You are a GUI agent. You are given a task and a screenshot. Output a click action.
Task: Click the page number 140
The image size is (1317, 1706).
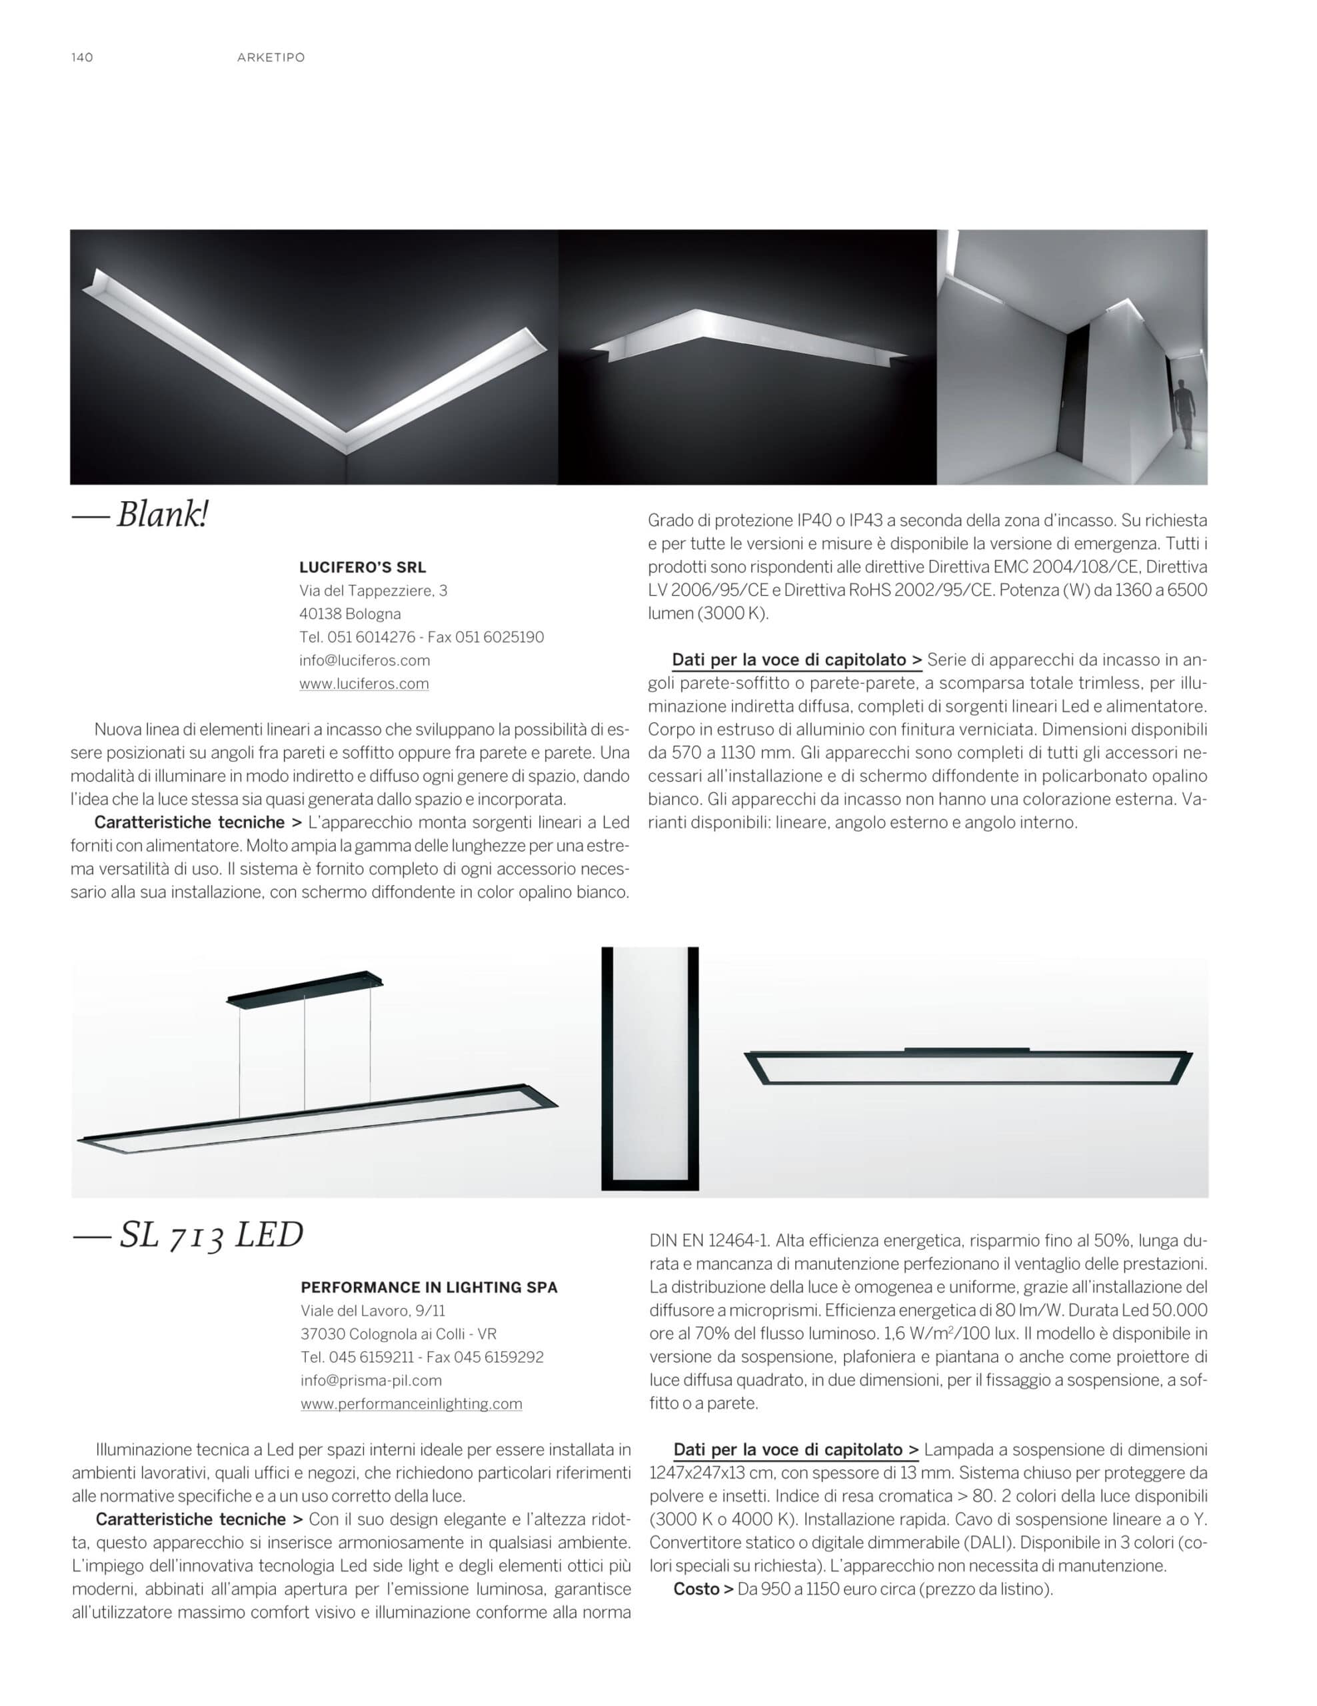click(x=82, y=57)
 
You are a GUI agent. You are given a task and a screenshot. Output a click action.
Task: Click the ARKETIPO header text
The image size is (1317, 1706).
click(x=271, y=57)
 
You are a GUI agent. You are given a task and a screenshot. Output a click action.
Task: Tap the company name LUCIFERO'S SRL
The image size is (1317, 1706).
click(x=363, y=567)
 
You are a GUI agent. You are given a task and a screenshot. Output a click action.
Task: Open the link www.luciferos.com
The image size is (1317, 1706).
click(x=364, y=684)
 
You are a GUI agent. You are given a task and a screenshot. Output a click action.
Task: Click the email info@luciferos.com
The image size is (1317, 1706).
click(x=364, y=660)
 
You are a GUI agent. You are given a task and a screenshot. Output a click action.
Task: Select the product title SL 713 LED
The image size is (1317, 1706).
click(x=210, y=1236)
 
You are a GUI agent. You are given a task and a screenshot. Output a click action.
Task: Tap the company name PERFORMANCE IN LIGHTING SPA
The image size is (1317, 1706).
click(x=429, y=1287)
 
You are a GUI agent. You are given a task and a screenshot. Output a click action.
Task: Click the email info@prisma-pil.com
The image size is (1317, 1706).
click(x=371, y=1380)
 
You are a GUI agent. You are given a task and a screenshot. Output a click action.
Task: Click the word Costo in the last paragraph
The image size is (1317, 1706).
click(x=696, y=1589)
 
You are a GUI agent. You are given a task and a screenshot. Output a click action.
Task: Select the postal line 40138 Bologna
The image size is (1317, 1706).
click(x=349, y=613)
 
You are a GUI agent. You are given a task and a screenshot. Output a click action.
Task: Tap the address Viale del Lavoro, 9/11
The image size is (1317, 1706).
click(x=373, y=1310)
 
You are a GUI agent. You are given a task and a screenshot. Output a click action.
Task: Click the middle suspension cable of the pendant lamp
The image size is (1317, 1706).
click(x=305, y=1054)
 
